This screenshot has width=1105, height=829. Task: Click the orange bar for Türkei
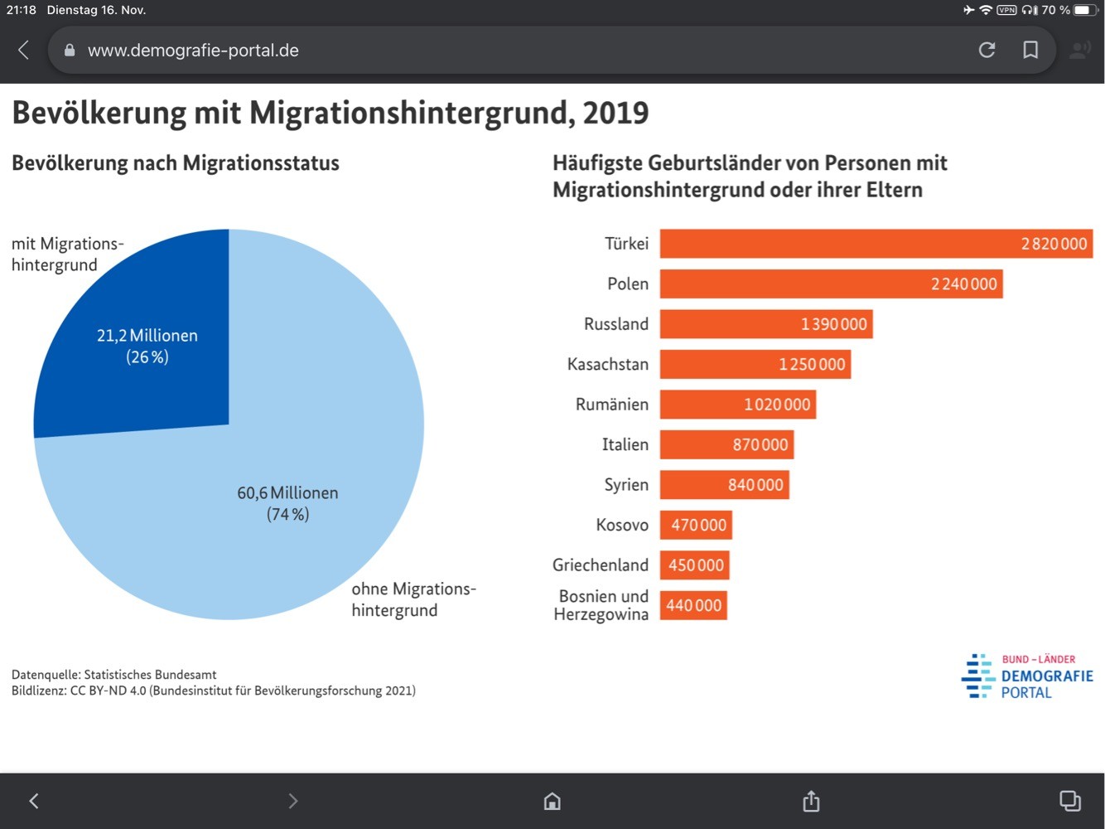[876, 244]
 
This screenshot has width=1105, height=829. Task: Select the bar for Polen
[831, 284]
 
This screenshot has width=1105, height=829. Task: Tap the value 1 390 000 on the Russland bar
[833, 324]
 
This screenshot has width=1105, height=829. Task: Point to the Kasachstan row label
[608, 364]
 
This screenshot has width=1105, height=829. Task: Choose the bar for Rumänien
[738, 405]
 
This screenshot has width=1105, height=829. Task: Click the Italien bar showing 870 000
[727, 444]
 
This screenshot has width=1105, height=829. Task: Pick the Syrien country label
[626, 485]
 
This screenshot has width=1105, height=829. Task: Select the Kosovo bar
[697, 525]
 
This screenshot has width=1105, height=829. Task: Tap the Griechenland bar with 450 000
[695, 565]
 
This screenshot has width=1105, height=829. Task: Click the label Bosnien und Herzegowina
[601, 605]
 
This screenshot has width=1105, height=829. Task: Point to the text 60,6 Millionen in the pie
[287, 493]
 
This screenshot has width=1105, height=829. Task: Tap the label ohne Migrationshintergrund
[414, 599]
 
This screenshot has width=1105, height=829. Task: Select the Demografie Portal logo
[1027, 676]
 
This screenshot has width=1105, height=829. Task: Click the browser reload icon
[987, 50]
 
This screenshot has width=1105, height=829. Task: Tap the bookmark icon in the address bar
[1030, 50]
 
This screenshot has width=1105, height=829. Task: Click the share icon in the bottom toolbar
[811, 801]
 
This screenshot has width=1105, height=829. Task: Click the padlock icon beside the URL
[70, 50]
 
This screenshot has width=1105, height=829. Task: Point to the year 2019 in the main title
[615, 112]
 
